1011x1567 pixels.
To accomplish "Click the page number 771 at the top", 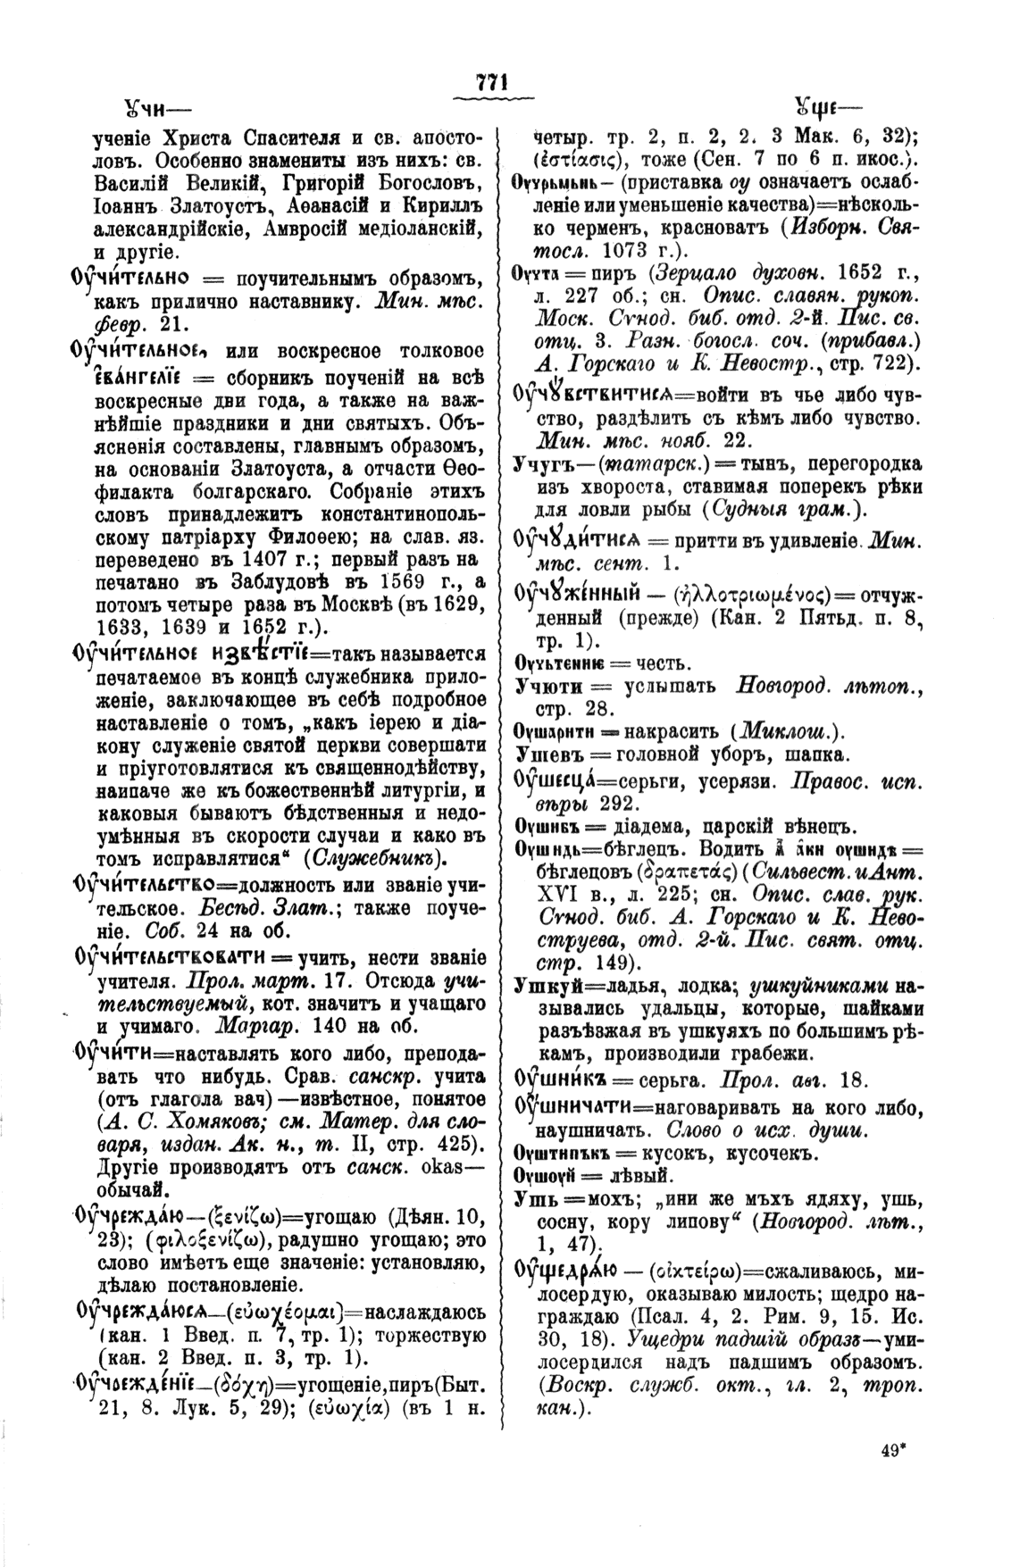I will point(492,80).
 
